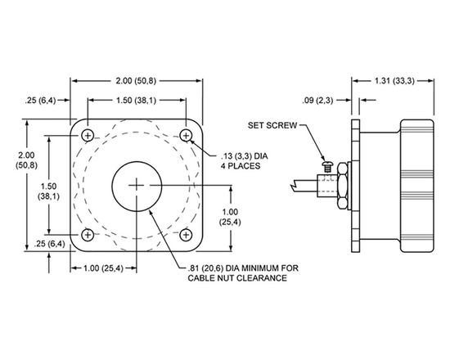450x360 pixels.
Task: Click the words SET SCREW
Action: point(276,126)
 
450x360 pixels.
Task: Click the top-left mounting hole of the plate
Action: point(88,135)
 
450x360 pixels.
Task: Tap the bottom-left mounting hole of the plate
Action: point(88,236)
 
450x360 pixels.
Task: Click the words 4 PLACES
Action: point(241,166)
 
